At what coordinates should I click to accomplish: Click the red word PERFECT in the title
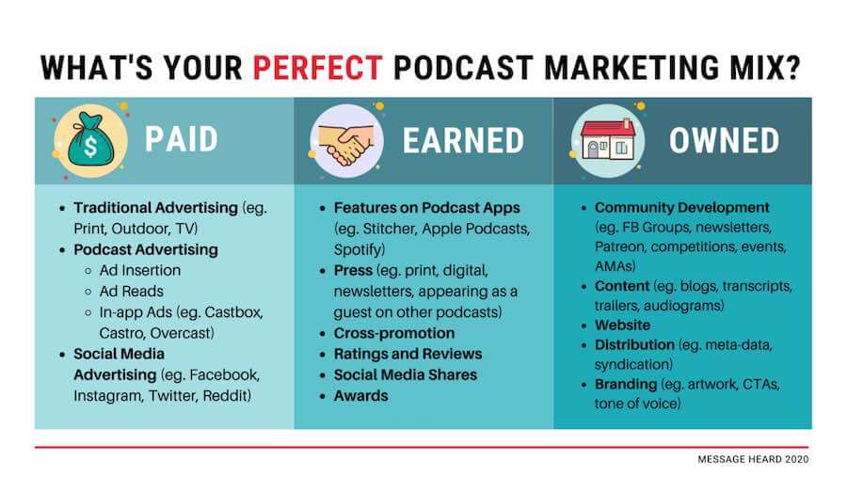pos(318,68)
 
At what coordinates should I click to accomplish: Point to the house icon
pos(608,140)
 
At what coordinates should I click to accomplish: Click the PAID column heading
pos(182,139)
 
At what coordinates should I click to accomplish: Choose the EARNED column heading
pos(463,140)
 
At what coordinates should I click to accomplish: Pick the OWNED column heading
pos(725,140)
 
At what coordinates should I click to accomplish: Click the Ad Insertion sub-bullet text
pos(140,270)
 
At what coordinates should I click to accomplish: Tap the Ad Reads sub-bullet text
pos(131,291)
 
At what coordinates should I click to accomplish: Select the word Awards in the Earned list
pos(360,396)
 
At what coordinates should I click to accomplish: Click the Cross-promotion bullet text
pos(394,333)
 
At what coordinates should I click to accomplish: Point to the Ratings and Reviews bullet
pos(408,354)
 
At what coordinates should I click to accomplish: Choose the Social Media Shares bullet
pos(406,374)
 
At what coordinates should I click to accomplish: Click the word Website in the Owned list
pos(622,326)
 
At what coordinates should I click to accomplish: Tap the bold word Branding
pos(626,384)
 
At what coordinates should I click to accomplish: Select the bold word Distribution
pos(634,344)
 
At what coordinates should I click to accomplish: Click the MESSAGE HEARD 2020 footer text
pos(753,459)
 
